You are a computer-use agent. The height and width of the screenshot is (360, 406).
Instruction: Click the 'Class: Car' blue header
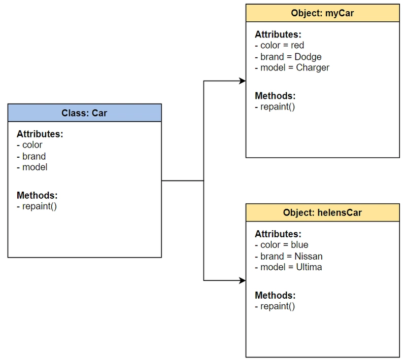coord(84,113)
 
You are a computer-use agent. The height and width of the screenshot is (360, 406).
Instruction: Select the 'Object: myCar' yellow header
coord(323,13)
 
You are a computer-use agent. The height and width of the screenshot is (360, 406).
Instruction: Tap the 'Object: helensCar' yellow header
coord(323,212)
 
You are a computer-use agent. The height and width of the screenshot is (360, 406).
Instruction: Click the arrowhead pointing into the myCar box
coord(243,81)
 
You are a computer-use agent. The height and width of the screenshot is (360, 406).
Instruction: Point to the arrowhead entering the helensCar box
coord(243,280)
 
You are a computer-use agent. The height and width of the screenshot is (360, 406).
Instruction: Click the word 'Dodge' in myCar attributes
coord(308,57)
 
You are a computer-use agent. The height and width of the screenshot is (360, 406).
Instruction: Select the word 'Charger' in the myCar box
coord(313,68)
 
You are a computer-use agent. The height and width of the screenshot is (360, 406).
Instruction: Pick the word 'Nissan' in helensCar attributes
coord(309,256)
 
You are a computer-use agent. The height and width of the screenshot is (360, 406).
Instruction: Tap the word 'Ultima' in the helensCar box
coord(309,267)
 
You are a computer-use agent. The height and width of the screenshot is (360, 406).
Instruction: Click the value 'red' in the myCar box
coord(297,45)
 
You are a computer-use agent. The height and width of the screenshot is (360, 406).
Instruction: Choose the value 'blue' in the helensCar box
coord(299,245)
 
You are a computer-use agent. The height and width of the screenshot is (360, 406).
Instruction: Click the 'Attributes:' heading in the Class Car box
coord(40,134)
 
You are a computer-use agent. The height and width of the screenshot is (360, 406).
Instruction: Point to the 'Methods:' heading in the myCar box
coord(275,96)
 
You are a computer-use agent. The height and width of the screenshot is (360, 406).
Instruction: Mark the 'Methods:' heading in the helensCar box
coord(275,295)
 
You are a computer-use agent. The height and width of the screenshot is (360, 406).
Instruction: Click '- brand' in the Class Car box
coord(31,156)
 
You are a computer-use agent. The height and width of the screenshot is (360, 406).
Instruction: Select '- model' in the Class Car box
coord(32,167)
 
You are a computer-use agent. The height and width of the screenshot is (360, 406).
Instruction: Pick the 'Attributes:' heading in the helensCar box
coord(278,234)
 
